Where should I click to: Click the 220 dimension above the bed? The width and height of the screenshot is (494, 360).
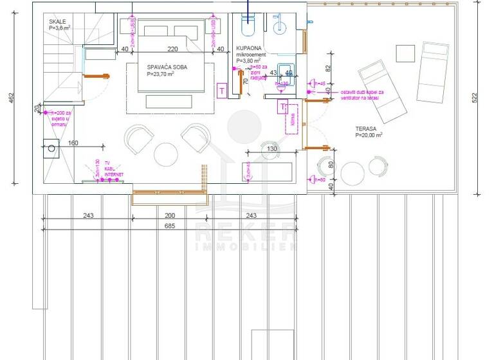(x=172, y=49)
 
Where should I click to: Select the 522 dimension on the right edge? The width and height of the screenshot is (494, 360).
(x=475, y=98)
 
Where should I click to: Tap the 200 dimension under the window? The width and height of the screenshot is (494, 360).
(x=169, y=215)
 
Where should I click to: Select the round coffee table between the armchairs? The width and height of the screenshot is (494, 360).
(x=166, y=154)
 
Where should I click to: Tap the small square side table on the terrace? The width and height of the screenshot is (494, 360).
(x=405, y=52)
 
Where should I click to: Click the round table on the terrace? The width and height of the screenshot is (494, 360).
(x=352, y=173)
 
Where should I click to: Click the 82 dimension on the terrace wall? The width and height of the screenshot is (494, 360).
(x=328, y=67)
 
